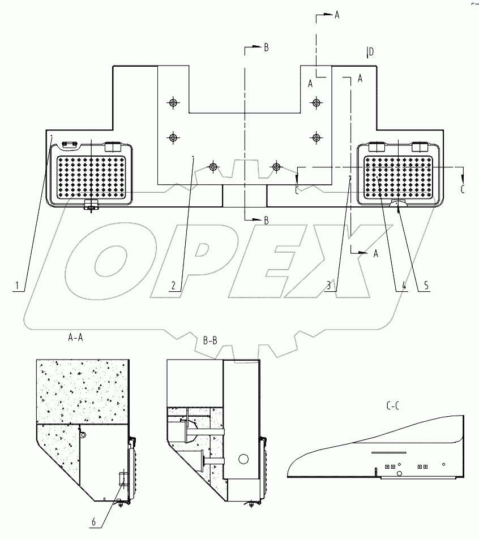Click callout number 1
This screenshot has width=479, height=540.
[x=18, y=286]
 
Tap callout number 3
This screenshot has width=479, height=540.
[x=328, y=286]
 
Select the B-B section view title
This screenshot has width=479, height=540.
[x=210, y=340]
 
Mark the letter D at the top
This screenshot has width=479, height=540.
[x=370, y=53]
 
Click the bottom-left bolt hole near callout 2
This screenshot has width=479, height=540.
[x=213, y=167]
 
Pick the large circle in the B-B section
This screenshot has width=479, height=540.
[x=243, y=458]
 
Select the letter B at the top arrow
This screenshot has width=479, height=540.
[x=266, y=47]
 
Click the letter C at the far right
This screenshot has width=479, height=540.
[x=463, y=189]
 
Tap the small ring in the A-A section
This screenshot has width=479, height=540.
[x=83, y=434]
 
